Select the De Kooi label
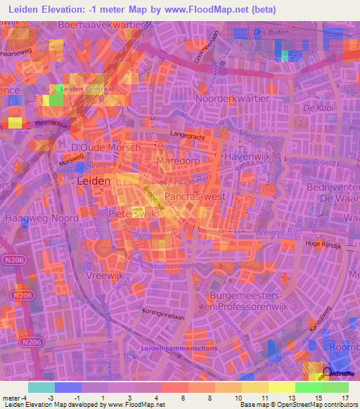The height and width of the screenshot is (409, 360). tap(316, 109)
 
